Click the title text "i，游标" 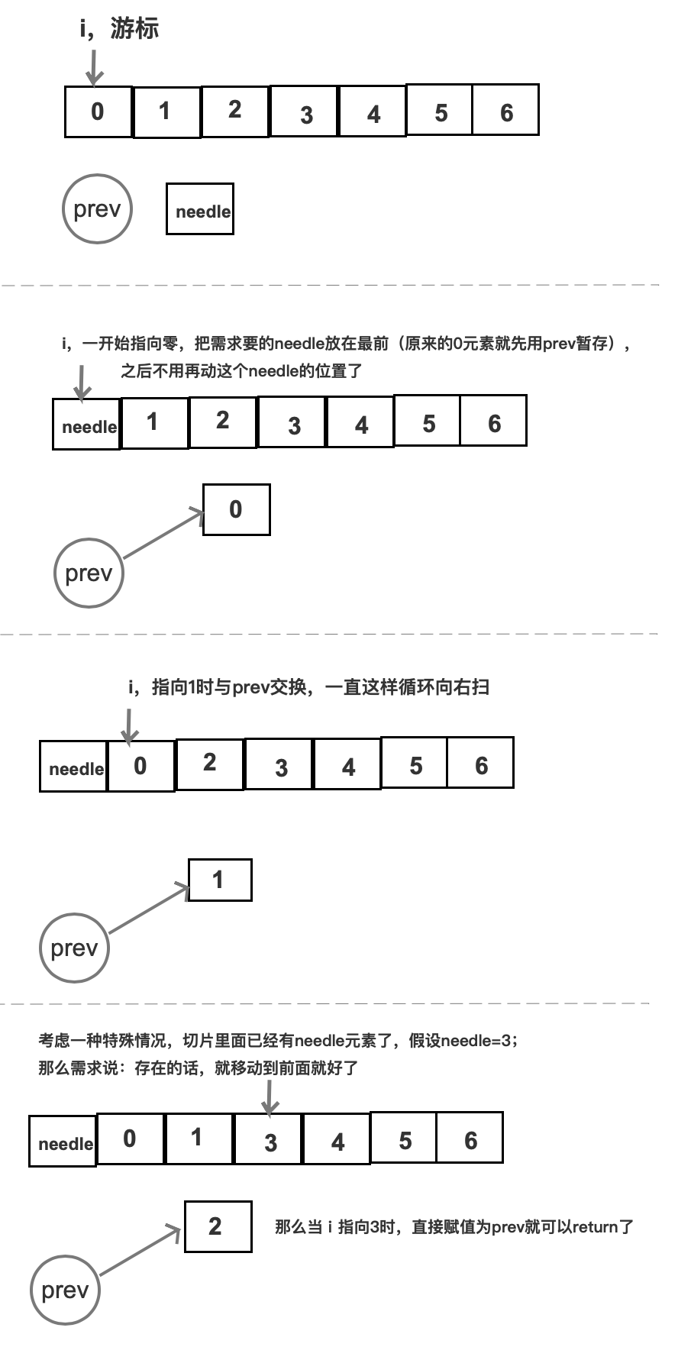pyautogui.click(x=119, y=29)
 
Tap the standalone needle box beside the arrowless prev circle pyautogui.click(x=200, y=209)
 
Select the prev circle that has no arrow pyautogui.click(x=97, y=209)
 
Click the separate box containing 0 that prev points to pyautogui.click(x=236, y=509)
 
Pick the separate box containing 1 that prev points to pyautogui.click(x=219, y=880)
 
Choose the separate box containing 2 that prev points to pyautogui.click(x=218, y=1226)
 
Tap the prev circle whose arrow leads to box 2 pyautogui.click(x=66, y=1290)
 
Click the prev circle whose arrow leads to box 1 pyautogui.click(x=74, y=948)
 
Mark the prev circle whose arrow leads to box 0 pyautogui.click(x=89, y=573)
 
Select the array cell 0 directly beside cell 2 pyautogui.click(x=140, y=766)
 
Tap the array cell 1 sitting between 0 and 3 pyautogui.click(x=198, y=1139)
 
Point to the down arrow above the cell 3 pyautogui.click(x=270, y=1097)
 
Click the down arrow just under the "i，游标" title pyautogui.click(x=94, y=67)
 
